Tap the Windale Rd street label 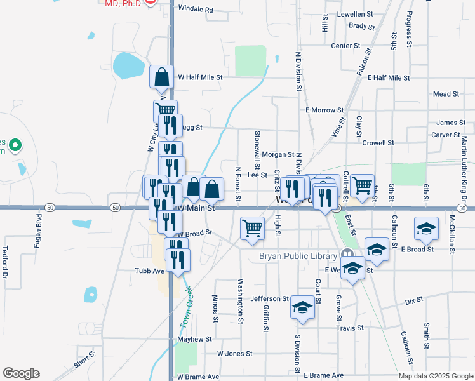tap(196, 10)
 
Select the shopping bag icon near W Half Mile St tap(162, 77)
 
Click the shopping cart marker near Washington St tap(253, 228)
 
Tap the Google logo tap(21, 373)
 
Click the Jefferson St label tap(270, 298)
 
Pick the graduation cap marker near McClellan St tap(426, 227)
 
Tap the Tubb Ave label tap(150, 271)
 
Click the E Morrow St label tap(324, 110)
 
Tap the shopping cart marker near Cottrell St tap(362, 185)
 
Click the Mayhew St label tap(194, 339)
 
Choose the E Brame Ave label tap(323, 376)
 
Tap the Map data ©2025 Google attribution tap(435, 376)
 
